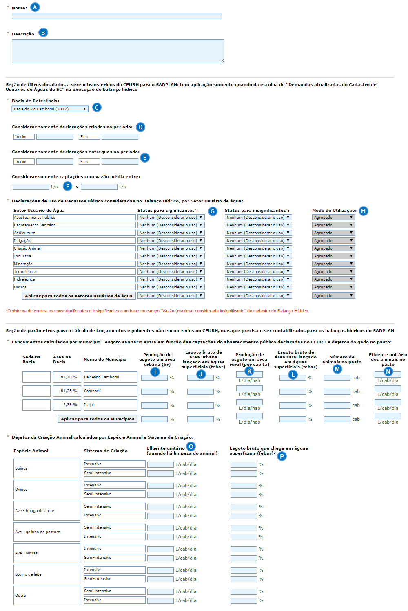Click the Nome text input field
click(117, 16)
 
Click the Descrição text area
click(118, 51)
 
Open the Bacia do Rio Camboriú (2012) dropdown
click(50, 109)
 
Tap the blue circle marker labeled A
click(35, 7)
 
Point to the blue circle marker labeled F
click(68, 186)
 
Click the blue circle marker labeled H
click(363, 211)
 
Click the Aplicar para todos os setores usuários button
click(79, 296)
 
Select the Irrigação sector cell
click(74, 241)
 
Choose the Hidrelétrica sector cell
click(74, 279)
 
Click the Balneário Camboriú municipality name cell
click(110, 377)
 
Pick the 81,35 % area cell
click(67, 391)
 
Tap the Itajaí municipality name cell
click(110, 405)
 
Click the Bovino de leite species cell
click(47, 574)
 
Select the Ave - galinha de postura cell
click(47, 532)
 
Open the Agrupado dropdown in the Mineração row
click(333, 264)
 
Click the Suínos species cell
click(47, 468)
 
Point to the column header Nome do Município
click(105, 360)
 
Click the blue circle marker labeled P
click(282, 456)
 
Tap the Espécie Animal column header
click(31, 451)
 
